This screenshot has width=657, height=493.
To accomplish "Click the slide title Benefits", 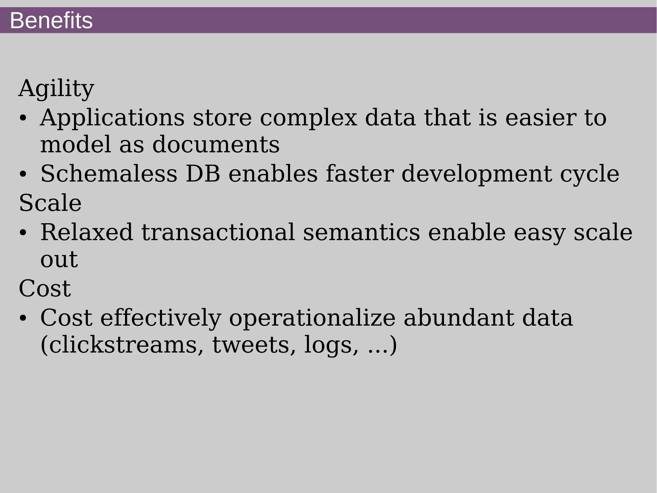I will tap(51, 21).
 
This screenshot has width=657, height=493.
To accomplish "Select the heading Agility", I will tap(56, 88).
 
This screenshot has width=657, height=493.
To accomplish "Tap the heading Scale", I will tap(50, 203).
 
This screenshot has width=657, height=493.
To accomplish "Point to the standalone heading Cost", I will tap(45, 288).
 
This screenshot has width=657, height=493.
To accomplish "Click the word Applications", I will tap(112, 118).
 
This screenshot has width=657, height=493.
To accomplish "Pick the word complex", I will tap(308, 118).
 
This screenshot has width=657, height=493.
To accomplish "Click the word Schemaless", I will tap(109, 174).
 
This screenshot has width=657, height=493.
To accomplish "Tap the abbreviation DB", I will tap(203, 174).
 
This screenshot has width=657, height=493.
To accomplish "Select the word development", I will tap(477, 174).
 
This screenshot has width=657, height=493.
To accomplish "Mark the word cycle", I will tap(590, 174).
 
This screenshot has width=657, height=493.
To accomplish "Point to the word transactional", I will tap(218, 232).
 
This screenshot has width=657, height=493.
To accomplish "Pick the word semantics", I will tap(361, 232).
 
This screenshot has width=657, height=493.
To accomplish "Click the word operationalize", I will tap(312, 318).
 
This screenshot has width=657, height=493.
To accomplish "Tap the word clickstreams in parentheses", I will tap(122, 345).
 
